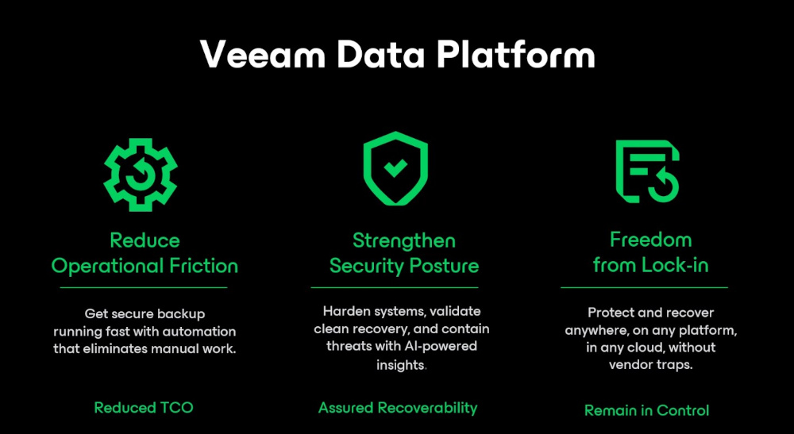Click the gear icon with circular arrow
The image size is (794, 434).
point(141,175)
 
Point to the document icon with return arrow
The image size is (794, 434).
point(647,170)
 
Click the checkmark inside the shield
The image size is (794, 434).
point(395,167)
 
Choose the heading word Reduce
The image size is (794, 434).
point(145,240)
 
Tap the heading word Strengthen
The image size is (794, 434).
point(404,240)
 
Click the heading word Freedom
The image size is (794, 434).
point(650,240)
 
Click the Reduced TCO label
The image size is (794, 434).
point(144,408)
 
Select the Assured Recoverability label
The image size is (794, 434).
point(398,408)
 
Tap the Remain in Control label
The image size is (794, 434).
point(646,410)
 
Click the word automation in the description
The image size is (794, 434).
point(197,331)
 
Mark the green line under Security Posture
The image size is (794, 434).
point(394,287)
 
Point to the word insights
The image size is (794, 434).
point(401,365)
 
